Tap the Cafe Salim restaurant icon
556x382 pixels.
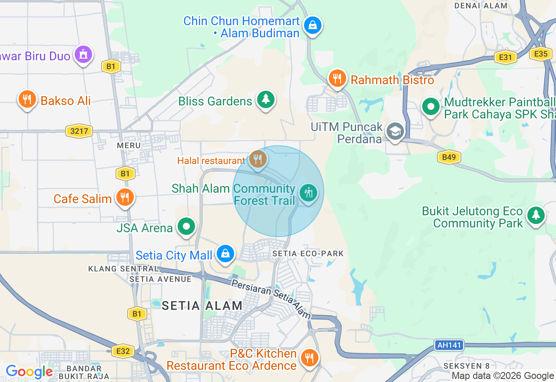tap(125, 198)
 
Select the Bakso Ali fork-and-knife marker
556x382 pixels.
tap(27, 99)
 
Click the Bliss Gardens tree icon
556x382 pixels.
tap(265, 99)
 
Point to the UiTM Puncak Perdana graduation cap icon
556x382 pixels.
tap(395, 131)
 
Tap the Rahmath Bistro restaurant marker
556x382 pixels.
tap(337, 79)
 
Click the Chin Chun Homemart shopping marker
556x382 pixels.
tap(312, 25)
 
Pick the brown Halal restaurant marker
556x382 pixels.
tap(258, 159)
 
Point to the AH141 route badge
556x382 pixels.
tap(449, 346)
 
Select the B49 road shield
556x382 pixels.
tap(449, 157)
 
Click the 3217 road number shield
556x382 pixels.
tap(79, 131)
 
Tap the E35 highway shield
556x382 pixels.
tap(541, 54)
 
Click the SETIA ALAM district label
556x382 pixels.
tap(202, 306)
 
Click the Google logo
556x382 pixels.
tap(30, 372)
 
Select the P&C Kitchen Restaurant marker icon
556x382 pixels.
tap(309, 358)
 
